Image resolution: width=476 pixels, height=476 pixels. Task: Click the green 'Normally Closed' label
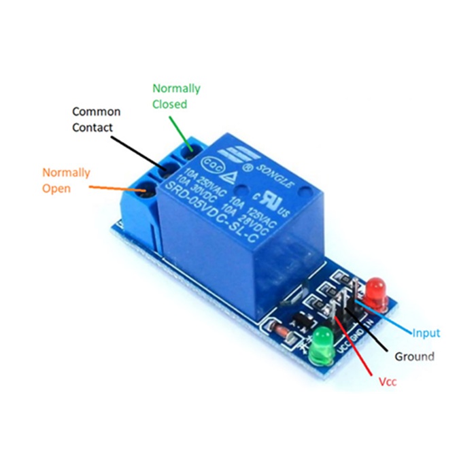[x=176, y=97]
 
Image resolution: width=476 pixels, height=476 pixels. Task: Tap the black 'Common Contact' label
[x=97, y=119]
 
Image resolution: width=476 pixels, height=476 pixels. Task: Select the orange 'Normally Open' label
[x=66, y=180]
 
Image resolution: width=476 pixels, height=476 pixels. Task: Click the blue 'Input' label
[x=426, y=333]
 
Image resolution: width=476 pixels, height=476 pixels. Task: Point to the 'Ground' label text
[x=414, y=356]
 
